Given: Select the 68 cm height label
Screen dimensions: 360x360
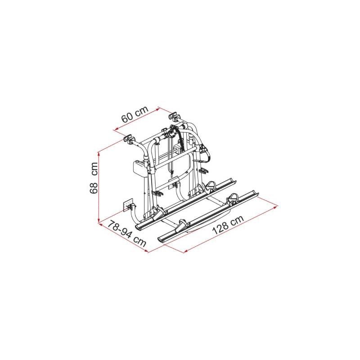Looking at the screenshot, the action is (94, 178).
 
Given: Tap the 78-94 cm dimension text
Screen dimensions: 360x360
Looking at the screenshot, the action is (127, 234).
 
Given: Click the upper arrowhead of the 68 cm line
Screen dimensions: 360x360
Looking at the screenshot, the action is (99, 154).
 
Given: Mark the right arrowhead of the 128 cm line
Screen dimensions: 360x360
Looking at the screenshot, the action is (276, 207).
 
